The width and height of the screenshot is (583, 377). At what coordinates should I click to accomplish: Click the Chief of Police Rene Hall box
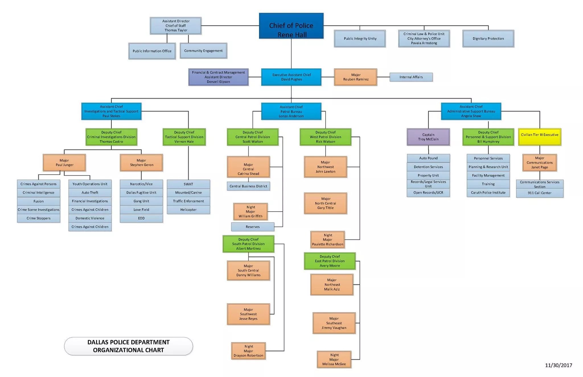click(x=291, y=26)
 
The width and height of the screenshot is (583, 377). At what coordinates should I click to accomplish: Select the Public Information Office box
click(x=152, y=51)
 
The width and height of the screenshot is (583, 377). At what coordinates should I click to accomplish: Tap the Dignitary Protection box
click(x=488, y=38)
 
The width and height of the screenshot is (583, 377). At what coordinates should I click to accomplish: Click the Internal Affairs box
click(x=411, y=77)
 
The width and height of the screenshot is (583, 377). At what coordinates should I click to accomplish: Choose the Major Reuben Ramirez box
click(x=356, y=77)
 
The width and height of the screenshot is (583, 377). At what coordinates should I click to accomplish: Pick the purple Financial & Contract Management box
click(x=218, y=77)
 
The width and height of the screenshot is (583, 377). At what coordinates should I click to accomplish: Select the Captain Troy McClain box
click(x=428, y=137)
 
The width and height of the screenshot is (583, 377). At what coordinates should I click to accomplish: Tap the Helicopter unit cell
click(x=188, y=210)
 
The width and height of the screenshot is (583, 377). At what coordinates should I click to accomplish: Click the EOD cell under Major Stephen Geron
click(x=141, y=218)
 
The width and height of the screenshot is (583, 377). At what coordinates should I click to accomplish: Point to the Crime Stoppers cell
click(x=38, y=218)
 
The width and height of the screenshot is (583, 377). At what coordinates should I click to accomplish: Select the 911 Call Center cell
click(x=539, y=193)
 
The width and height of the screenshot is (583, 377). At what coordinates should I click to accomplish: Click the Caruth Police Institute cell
click(x=488, y=193)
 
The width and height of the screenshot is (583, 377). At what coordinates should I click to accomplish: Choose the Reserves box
click(x=253, y=227)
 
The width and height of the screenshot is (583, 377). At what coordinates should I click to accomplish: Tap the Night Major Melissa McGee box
click(x=334, y=359)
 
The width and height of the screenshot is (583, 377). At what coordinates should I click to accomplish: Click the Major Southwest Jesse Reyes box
click(x=248, y=314)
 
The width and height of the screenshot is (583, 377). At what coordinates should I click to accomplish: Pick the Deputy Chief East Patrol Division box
click(x=330, y=261)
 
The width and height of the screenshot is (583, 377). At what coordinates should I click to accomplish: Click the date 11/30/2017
click(x=558, y=365)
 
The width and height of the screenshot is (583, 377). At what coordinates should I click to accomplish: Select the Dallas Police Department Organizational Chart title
click(x=128, y=346)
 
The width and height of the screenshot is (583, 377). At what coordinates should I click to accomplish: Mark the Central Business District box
click(x=248, y=186)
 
